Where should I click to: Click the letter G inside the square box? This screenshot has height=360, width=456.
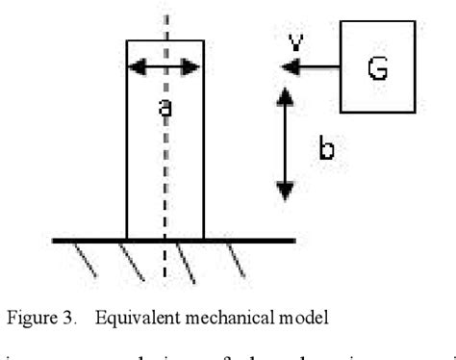pyautogui.click(x=382, y=69)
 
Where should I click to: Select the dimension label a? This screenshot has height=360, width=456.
pyautogui.click(x=165, y=108)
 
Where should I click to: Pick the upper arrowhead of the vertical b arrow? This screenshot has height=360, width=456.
pyautogui.click(x=284, y=94)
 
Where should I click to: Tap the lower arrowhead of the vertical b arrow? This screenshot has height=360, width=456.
pyautogui.click(x=284, y=193)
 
